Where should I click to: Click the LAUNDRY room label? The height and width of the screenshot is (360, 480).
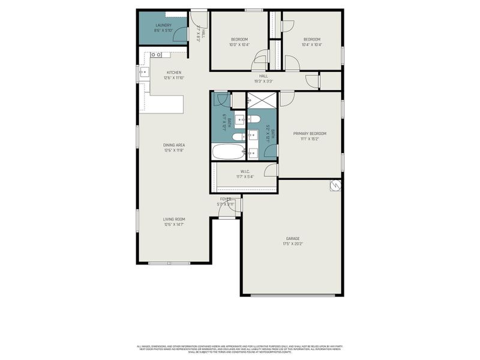pyautogui.click(x=163, y=25)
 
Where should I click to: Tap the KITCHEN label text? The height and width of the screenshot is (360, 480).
pyautogui.click(x=174, y=73)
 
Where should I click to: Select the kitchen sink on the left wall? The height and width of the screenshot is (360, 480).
pyautogui.click(x=143, y=73)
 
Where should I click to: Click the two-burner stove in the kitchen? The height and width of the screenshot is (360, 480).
pyautogui.click(x=155, y=55)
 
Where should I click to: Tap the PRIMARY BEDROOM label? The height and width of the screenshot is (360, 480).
pyautogui.click(x=310, y=133)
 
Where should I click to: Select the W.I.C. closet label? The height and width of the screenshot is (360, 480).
pyautogui.click(x=246, y=172)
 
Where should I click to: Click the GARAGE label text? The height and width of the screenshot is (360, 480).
pyautogui.click(x=293, y=238)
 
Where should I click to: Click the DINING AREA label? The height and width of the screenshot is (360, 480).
pyautogui.click(x=174, y=145)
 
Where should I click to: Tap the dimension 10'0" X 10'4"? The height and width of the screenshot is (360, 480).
pyautogui.click(x=239, y=44)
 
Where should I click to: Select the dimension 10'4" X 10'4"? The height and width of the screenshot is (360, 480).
pyautogui.click(x=312, y=44)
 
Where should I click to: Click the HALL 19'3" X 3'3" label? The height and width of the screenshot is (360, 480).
pyautogui.click(x=263, y=78)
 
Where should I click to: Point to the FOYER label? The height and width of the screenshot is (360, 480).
pyautogui.click(x=226, y=199)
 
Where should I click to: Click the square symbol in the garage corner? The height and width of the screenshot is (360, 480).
pyautogui.click(x=335, y=186)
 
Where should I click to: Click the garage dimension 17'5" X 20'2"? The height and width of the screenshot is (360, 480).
pyautogui.click(x=293, y=244)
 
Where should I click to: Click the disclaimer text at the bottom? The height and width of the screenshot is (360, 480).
pyautogui.click(x=240, y=349)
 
